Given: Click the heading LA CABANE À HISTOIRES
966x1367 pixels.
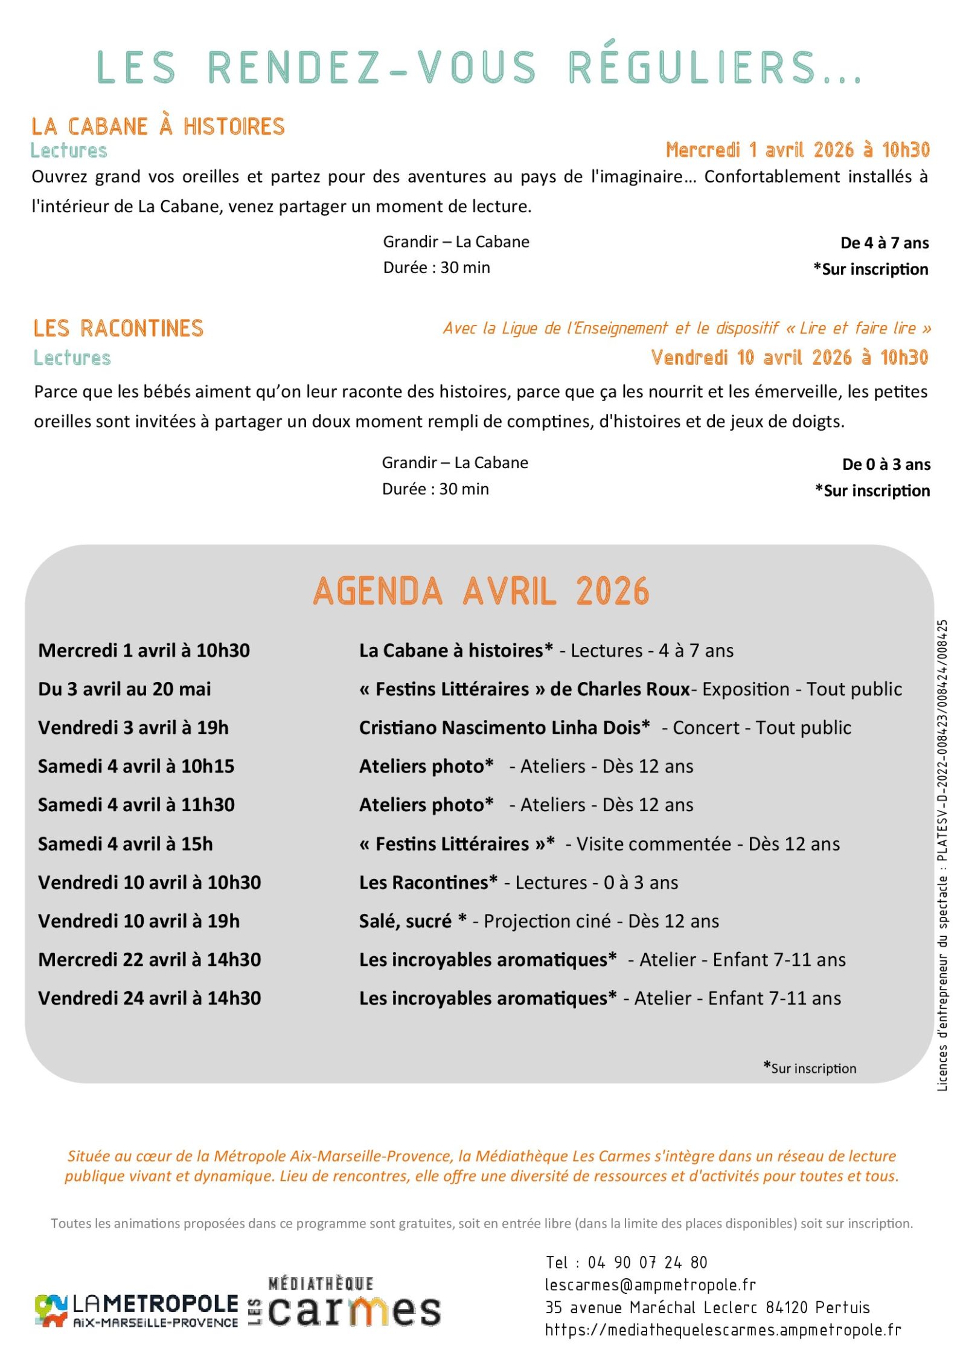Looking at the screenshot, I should tap(158, 126).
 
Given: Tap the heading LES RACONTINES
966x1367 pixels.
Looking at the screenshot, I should tap(118, 329).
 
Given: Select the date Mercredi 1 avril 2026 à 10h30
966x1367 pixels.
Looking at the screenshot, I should tap(797, 150).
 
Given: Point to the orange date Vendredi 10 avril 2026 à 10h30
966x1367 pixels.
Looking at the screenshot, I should tap(789, 358).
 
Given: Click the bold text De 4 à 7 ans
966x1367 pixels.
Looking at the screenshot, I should tap(884, 243).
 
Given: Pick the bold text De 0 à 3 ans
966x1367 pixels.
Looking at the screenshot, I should tap(886, 464).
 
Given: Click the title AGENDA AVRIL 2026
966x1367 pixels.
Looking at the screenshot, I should tap(481, 591).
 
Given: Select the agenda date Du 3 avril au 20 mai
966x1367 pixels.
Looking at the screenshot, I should tap(124, 689).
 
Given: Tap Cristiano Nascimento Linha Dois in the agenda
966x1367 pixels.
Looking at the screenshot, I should tap(504, 727).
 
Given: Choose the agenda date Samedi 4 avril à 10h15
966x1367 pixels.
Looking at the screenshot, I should tap(136, 766).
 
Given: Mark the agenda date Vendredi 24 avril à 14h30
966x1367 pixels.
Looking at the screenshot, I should tap(149, 998).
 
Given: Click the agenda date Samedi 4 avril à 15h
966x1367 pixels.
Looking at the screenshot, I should tap(125, 843).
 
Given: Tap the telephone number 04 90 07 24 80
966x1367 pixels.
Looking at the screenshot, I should tap(647, 1262).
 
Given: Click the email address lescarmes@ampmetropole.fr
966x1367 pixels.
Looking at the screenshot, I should tap(650, 1285).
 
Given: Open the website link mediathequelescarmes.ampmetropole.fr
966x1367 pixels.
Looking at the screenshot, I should tap(723, 1330).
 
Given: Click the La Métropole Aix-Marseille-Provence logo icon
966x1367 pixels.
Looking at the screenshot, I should tap(51, 1310).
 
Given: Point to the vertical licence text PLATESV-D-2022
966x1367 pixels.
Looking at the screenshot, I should tap(942, 785).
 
